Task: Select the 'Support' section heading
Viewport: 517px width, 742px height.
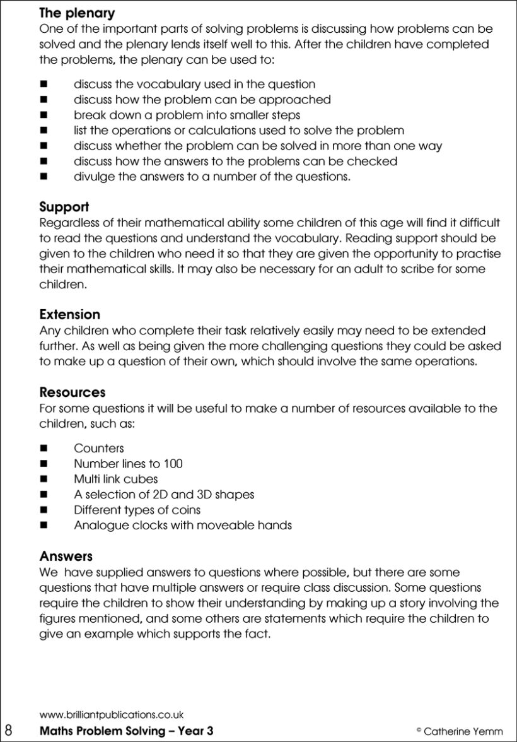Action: pos(64,207)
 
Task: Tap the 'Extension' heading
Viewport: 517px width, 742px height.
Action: pos(70,314)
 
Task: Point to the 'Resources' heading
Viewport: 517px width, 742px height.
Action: pos(73,392)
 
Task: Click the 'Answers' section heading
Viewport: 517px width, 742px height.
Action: pos(66,556)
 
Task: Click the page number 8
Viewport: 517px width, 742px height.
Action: pos(9,731)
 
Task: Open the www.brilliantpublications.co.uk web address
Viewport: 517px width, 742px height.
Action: pos(112,715)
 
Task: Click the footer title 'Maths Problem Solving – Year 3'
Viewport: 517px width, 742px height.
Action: pos(126,731)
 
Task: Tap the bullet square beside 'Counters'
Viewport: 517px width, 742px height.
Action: pos(44,449)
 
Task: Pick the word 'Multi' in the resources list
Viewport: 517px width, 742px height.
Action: pos(88,479)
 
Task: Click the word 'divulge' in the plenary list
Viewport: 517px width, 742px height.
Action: pos(93,177)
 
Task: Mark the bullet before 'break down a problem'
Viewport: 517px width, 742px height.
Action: pos(44,115)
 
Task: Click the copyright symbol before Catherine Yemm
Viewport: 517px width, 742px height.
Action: pos(419,730)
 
